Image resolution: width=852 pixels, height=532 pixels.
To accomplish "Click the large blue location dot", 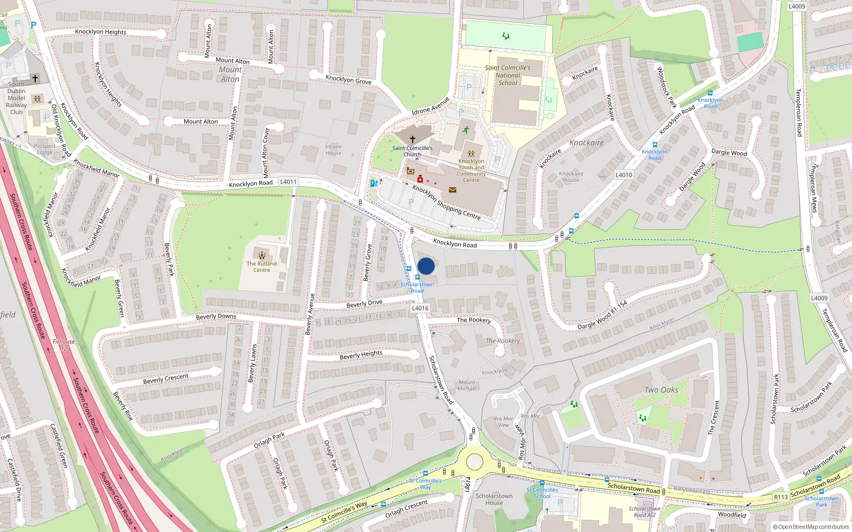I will coord(426,266).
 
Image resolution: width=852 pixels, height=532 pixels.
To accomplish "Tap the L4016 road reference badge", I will coord(420,308).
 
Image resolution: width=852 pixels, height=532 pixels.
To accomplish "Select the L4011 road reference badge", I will coord(288,182).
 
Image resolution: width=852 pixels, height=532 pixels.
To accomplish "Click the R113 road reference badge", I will coord(781,497).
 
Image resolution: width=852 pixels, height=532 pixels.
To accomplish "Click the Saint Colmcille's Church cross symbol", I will coord(413,139).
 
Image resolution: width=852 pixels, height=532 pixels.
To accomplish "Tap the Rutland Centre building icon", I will coord(261,255).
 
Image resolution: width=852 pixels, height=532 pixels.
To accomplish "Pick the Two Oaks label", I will coord(661,390).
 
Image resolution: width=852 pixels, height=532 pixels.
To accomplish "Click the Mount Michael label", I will coord(467,385).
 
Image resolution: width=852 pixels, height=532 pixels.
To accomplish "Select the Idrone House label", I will coord(333,150).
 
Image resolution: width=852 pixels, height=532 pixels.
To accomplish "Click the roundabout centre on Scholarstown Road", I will coord(474,462).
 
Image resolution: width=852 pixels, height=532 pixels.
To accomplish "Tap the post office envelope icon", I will coord(453,189).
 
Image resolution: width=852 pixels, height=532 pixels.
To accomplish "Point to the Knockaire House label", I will coord(571,177).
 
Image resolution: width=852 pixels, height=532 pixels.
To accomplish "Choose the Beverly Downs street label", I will coord(216,317).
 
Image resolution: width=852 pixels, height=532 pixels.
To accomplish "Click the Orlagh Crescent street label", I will coord(406,509).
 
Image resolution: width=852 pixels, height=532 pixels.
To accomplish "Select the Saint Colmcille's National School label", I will coord(507,75).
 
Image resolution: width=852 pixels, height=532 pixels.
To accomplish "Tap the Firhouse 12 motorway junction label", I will coord(64,345).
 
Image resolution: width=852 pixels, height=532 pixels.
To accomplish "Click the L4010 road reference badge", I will coord(624,174).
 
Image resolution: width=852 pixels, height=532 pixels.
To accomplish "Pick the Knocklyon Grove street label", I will coord(348,80).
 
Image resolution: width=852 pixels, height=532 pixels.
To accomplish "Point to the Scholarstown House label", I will coord(494,499).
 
